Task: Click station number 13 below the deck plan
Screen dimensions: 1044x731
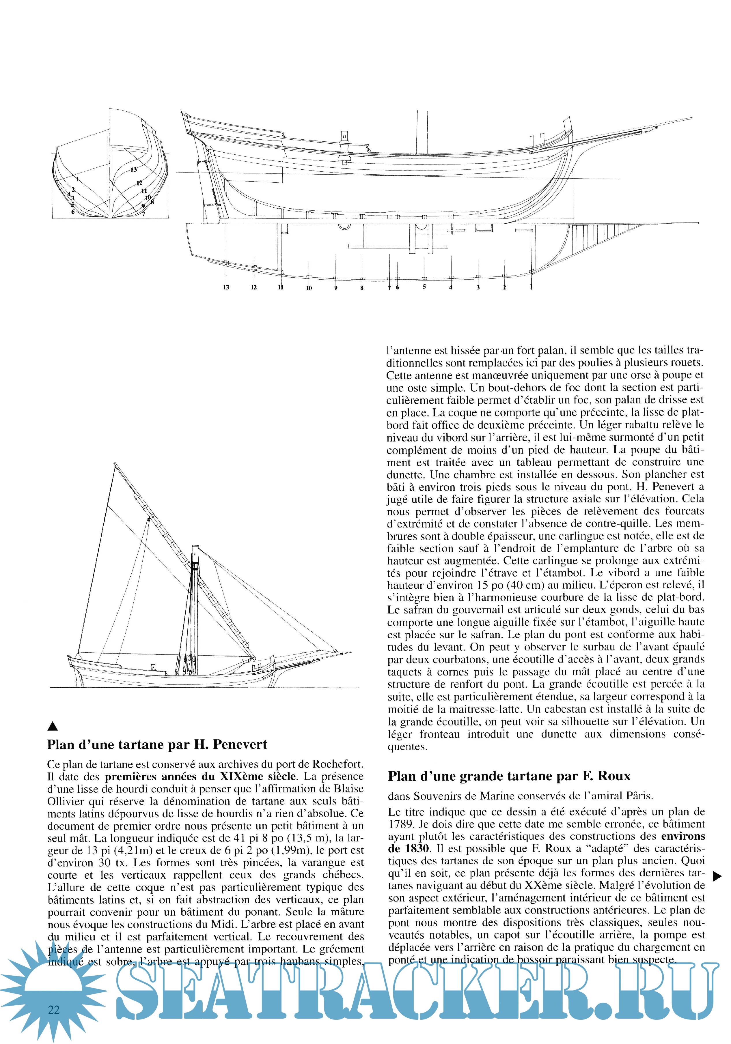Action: click(x=226, y=287)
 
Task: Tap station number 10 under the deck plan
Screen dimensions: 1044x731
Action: click(x=309, y=288)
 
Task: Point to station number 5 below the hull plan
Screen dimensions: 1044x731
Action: click(x=424, y=287)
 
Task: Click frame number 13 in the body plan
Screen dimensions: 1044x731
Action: click(x=133, y=170)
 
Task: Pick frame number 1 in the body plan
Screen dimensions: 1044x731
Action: click(x=78, y=179)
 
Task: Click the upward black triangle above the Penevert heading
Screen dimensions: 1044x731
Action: click(x=53, y=726)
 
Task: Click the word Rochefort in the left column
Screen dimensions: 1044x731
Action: click(x=338, y=764)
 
